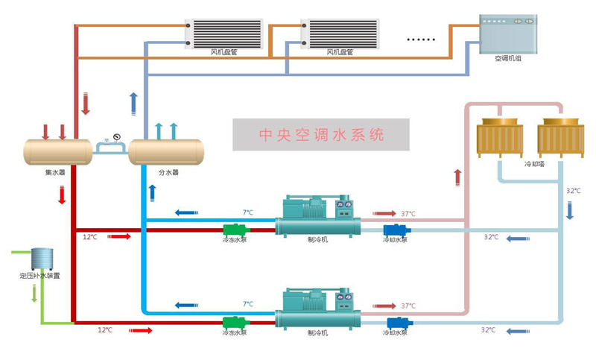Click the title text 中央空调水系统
[321, 136]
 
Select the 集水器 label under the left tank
[54, 172]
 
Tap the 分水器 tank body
[165, 152]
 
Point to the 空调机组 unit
[507, 33]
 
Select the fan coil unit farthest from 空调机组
[224, 34]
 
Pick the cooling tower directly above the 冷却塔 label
[560, 138]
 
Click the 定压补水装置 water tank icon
[40, 259]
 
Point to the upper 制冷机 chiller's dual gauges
[343, 203]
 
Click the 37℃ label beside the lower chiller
[408, 306]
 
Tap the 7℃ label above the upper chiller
[247, 212]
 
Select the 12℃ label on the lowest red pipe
[104, 329]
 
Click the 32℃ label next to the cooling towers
[572, 191]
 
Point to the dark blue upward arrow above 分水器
[133, 103]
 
